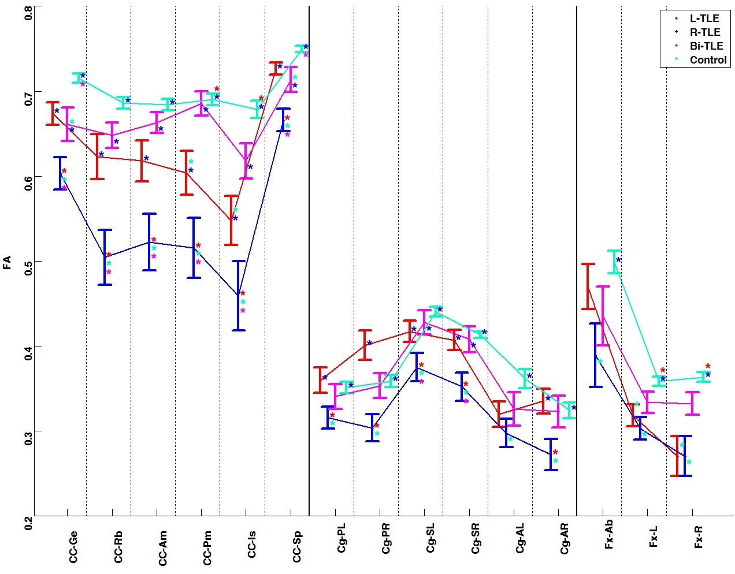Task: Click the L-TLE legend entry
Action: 704,18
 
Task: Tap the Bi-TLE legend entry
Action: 706,46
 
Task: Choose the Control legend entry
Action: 708,60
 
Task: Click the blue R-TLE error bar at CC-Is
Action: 239,296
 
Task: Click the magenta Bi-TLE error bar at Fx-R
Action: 692,403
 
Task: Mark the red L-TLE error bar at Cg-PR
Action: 365,345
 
